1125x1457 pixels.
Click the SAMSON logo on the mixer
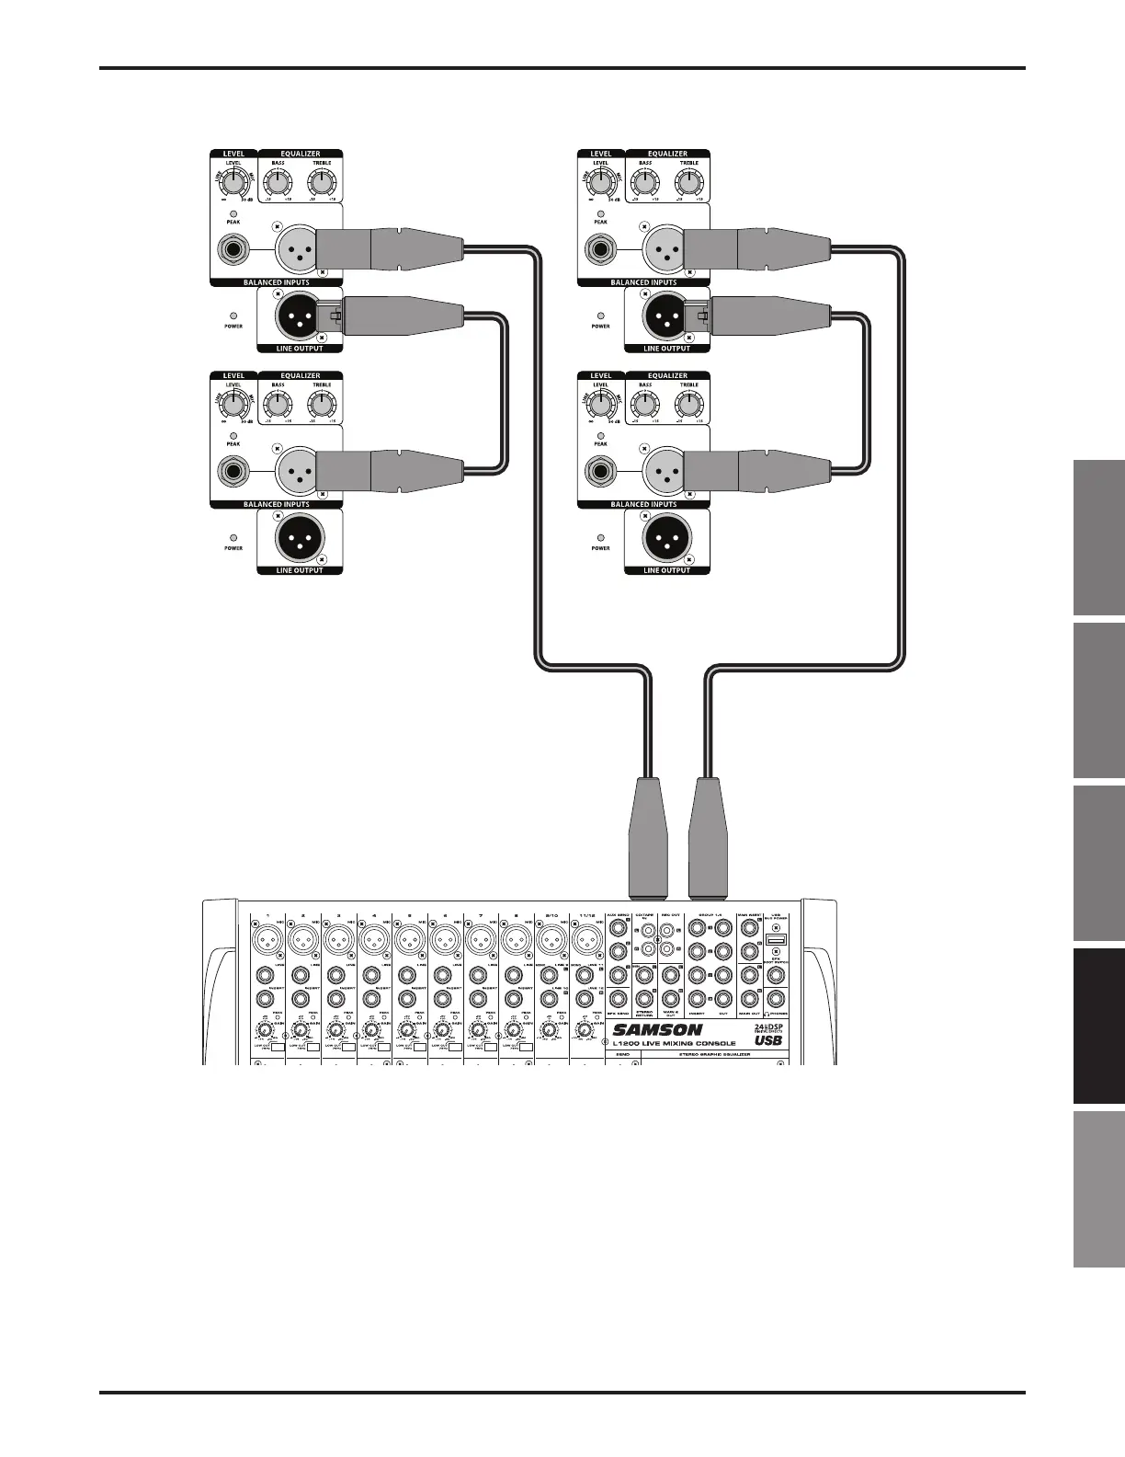coord(658,1030)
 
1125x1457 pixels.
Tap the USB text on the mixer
coord(768,1041)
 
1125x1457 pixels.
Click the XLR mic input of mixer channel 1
coord(266,940)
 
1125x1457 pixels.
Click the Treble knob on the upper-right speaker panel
coord(689,181)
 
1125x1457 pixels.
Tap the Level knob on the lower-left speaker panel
coord(233,404)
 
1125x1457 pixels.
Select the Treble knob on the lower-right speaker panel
coord(689,404)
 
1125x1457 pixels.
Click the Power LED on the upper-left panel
coord(233,315)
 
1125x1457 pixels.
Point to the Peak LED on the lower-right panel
coord(600,436)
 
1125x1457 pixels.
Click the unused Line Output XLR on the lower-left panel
coord(301,536)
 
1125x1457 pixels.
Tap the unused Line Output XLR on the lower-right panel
coord(667,536)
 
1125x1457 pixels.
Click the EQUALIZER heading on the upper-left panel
coord(301,154)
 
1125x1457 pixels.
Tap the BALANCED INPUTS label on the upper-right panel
coord(643,282)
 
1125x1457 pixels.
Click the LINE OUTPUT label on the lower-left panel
coord(301,570)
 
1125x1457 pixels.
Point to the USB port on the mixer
coord(775,941)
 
